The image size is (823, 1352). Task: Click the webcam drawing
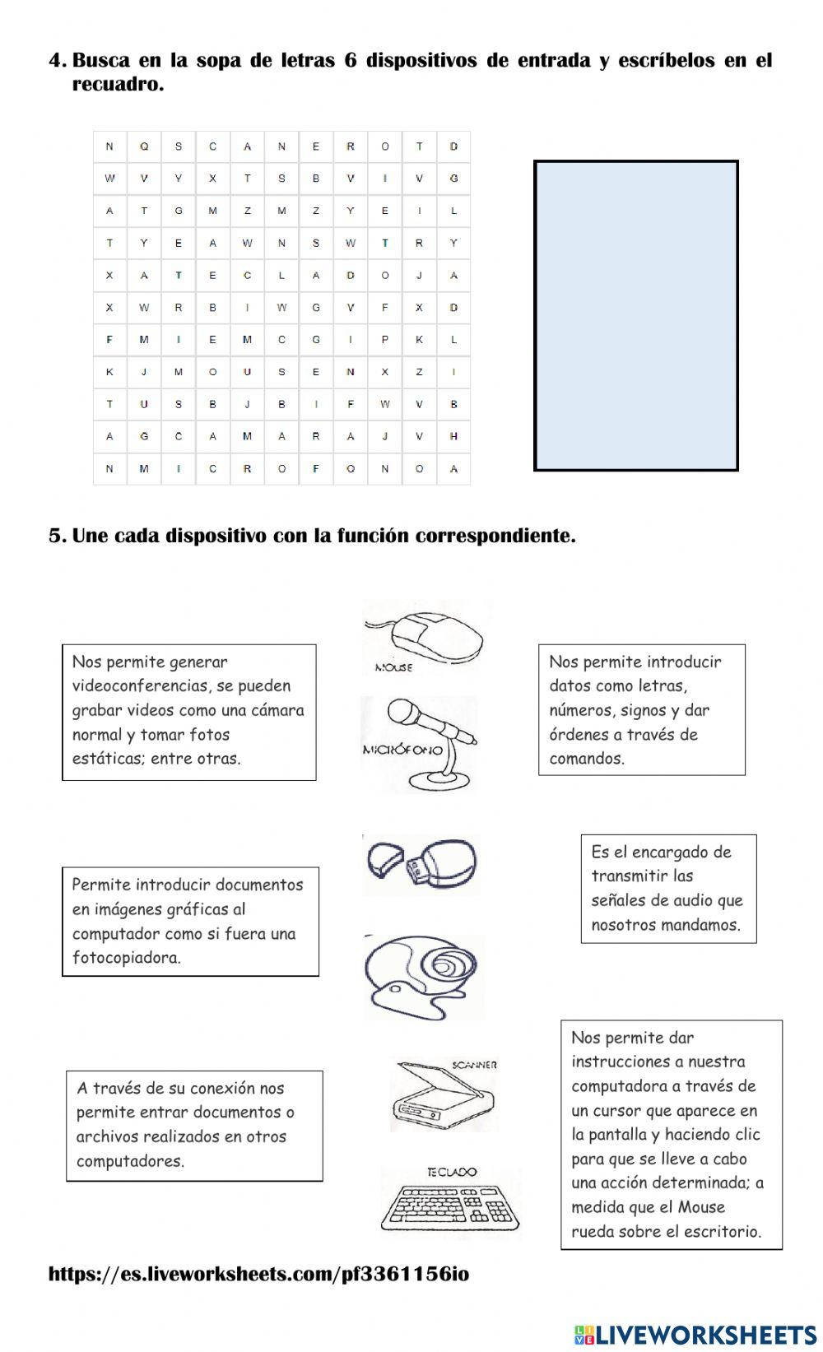coord(423,974)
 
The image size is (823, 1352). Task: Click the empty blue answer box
coord(635,315)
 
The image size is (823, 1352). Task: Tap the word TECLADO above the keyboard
coord(451,1171)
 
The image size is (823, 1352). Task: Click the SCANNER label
coord(474,1064)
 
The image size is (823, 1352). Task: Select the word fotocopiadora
coord(126,957)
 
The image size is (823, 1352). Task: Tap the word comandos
coord(587,758)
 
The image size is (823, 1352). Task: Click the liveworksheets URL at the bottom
coord(258,1274)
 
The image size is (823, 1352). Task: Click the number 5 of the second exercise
coord(56,536)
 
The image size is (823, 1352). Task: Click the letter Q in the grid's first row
coord(144,146)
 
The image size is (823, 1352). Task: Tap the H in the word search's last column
coord(453,436)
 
